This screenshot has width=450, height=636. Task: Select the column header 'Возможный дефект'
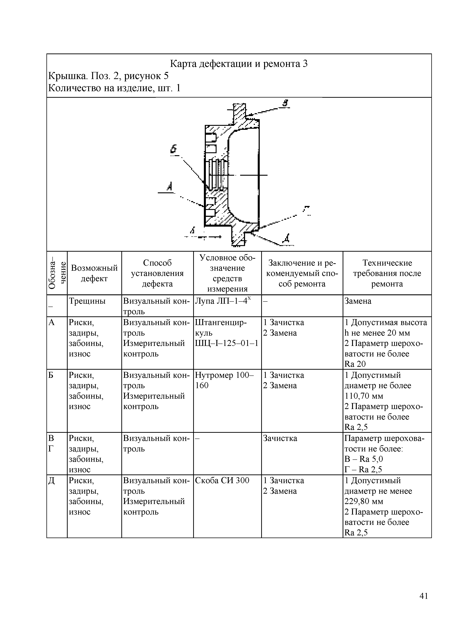pos(94,273)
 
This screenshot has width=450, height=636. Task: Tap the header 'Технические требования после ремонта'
pos(387,273)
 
